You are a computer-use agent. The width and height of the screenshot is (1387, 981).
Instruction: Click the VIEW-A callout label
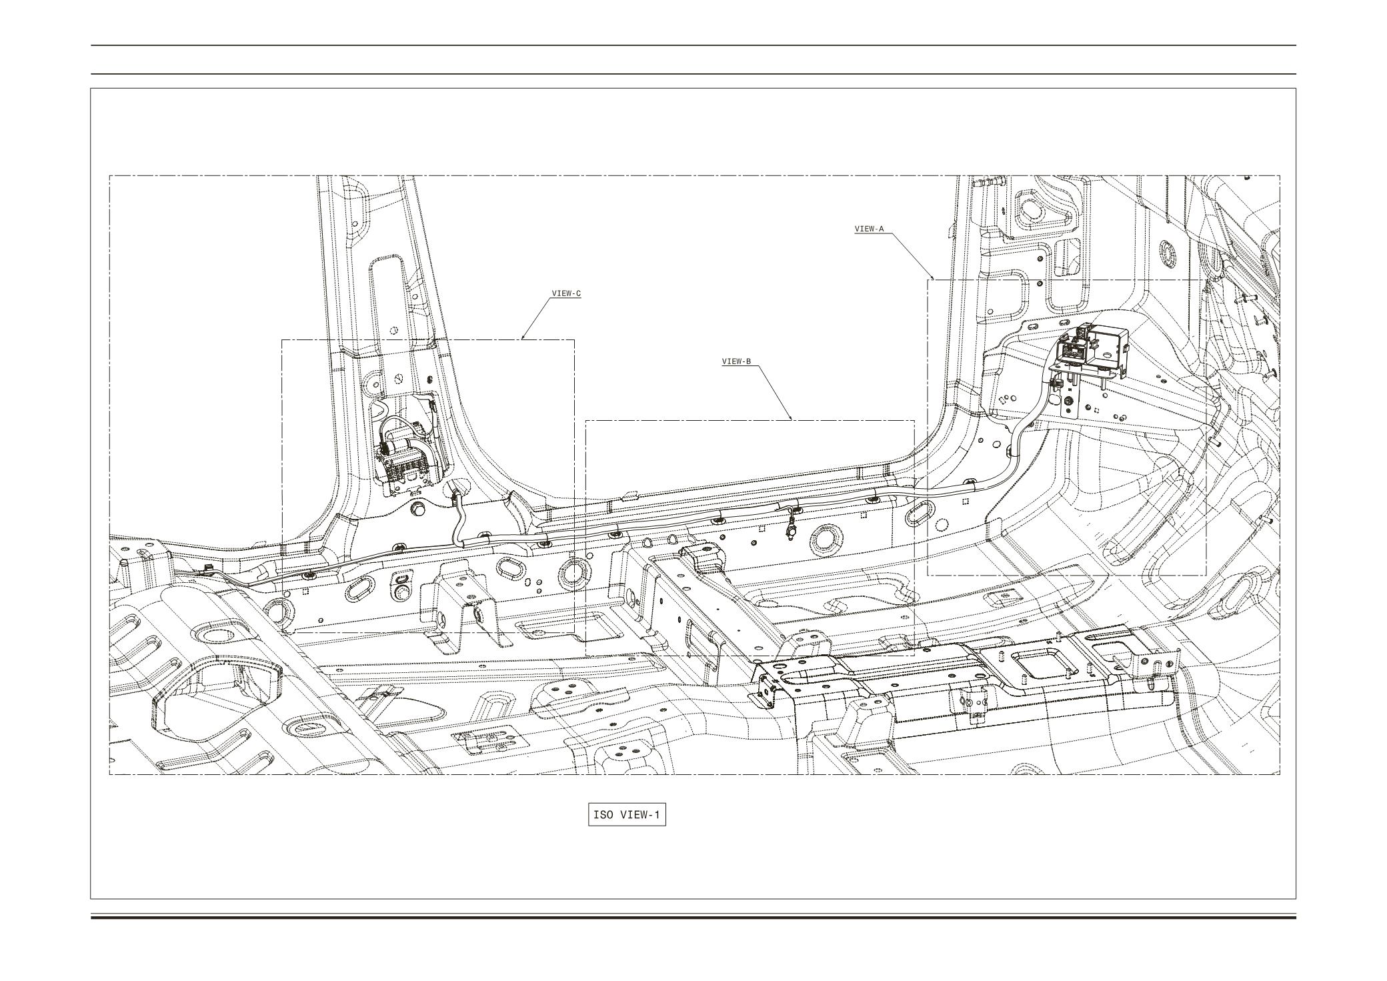(x=869, y=229)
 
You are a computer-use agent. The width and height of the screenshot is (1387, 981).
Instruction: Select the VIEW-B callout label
(x=736, y=361)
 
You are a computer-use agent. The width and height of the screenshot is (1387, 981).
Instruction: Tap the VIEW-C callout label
(x=566, y=293)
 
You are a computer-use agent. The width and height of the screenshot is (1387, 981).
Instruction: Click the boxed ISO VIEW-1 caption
(x=627, y=815)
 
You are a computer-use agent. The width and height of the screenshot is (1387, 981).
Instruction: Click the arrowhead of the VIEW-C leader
(x=523, y=337)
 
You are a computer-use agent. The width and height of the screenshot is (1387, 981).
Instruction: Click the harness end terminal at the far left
(x=206, y=569)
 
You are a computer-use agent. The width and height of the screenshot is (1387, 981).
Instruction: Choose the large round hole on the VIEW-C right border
(x=571, y=573)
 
